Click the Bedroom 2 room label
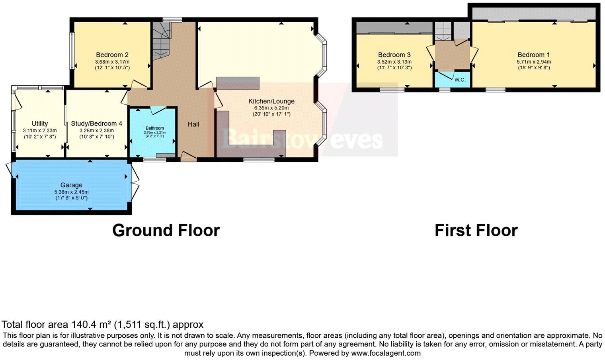112,55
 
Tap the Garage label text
71,185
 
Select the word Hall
193,124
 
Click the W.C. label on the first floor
460,80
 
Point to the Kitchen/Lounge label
271,101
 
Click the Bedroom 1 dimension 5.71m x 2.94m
533,62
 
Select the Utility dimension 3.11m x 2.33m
40,130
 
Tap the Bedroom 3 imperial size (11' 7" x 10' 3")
394,68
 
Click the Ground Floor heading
166,231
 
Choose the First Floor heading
476,231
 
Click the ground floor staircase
161,40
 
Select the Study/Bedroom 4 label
96,123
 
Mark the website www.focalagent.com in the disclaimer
386,353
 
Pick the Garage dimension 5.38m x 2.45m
71,192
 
